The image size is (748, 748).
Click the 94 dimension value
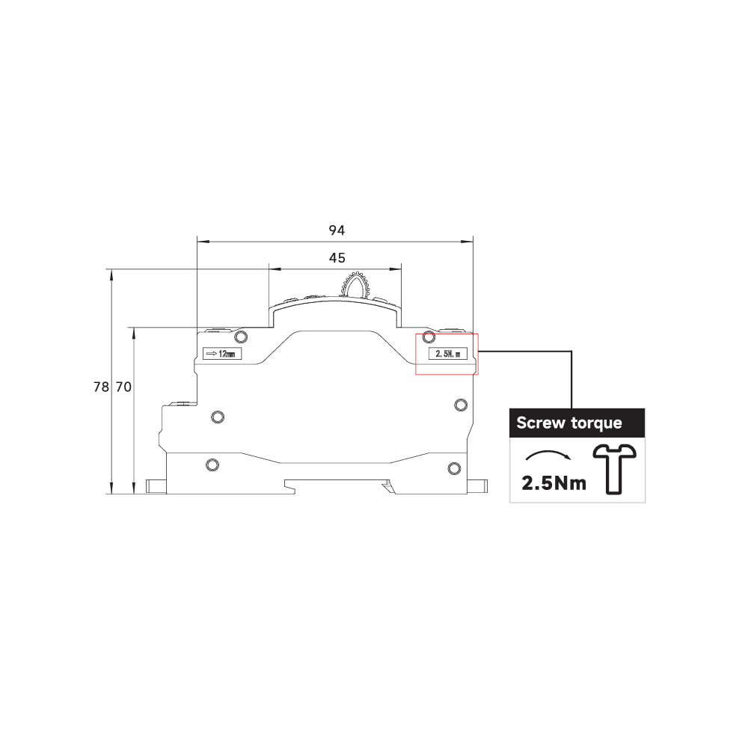click(337, 230)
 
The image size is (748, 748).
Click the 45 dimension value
click(337, 258)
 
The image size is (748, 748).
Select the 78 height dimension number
click(101, 387)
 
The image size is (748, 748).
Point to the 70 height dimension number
click(123, 387)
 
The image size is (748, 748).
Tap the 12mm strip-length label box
click(222, 354)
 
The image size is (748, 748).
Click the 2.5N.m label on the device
click(448, 354)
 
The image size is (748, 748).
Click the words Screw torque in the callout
click(569, 423)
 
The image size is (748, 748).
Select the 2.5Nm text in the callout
click(554, 483)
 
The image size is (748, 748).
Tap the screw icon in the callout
click(614, 469)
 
